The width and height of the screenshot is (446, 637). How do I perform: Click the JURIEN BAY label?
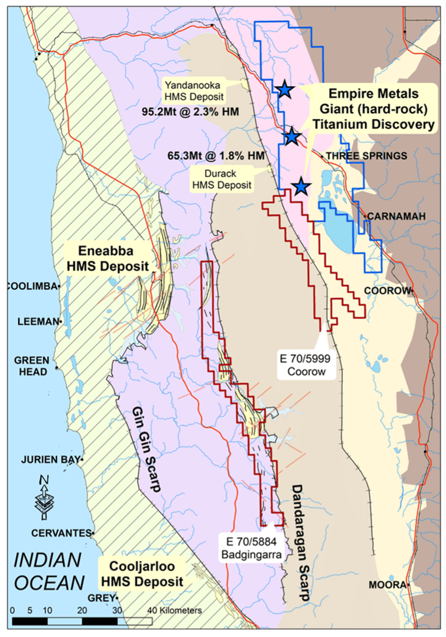point(50,459)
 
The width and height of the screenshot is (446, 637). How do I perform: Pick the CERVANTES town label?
point(61,533)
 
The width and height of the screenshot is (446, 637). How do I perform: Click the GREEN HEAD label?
point(31,366)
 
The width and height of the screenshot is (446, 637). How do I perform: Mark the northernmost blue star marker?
point(284,90)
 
